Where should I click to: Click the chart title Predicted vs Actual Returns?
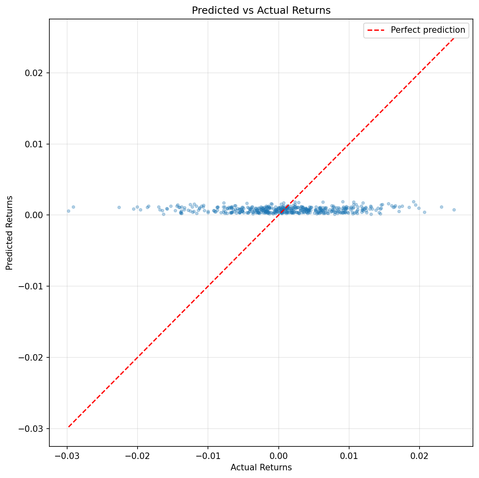point(261,11)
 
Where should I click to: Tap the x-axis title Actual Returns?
point(261,467)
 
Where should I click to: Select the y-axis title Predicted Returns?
point(10,233)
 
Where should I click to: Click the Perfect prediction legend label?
point(428,30)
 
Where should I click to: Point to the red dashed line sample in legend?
point(376,30)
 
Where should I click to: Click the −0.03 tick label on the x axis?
point(67,456)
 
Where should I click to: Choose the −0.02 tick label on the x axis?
point(137,456)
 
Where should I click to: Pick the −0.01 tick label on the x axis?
point(208,456)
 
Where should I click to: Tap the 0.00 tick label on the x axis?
point(278,456)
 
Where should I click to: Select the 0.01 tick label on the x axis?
point(349,456)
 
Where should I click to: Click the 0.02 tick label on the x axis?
point(419,456)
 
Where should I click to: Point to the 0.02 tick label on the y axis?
point(36,73)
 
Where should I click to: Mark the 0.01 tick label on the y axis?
point(36,144)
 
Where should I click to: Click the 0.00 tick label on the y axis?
point(36,215)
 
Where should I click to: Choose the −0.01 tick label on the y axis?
point(33,286)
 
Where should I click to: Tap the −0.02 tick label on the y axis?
point(33,357)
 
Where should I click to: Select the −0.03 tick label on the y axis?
point(33,429)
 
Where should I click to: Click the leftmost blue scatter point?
point(68,211)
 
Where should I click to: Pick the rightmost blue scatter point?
point(454,210)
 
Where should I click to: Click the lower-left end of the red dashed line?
point(68,427)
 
